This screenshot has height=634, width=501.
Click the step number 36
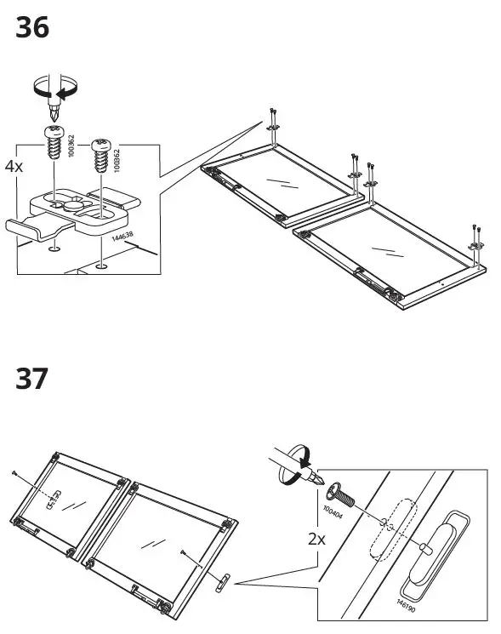32,28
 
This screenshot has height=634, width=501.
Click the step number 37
32,377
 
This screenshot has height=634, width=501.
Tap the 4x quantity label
14,167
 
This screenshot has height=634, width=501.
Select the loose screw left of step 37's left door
14,471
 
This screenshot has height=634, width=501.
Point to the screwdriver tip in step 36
55,112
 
